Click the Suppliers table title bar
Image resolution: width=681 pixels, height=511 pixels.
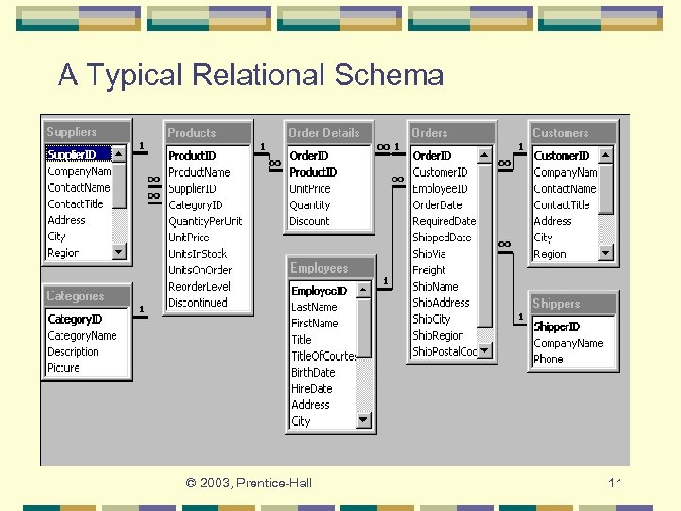[85, 132]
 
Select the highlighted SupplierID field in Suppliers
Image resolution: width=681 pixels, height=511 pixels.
[73, 154]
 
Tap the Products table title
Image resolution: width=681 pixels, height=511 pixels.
[208, 133]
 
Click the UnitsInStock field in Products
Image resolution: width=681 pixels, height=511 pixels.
[198, 254]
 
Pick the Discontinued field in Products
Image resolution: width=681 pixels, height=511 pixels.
[198, 303]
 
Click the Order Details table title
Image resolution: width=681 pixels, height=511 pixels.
[329, 133]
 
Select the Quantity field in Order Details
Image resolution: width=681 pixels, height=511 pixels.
[310, 205]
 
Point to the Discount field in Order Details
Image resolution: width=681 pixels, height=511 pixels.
[309, 221]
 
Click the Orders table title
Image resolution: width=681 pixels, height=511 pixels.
[452, 133]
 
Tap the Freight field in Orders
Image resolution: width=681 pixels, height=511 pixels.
[428, 270]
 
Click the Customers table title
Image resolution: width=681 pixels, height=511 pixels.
[573, 133]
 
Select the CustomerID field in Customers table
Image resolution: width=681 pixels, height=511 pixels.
[562, 156]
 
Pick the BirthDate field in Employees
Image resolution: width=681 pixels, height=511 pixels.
[313, 373]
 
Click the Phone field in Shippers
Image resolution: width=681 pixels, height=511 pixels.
[548, 360]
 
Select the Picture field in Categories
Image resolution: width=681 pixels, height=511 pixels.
[63, 368]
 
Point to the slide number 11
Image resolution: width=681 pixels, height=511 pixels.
[615, 484]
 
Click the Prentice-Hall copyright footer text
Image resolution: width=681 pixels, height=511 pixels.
[249, 484]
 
